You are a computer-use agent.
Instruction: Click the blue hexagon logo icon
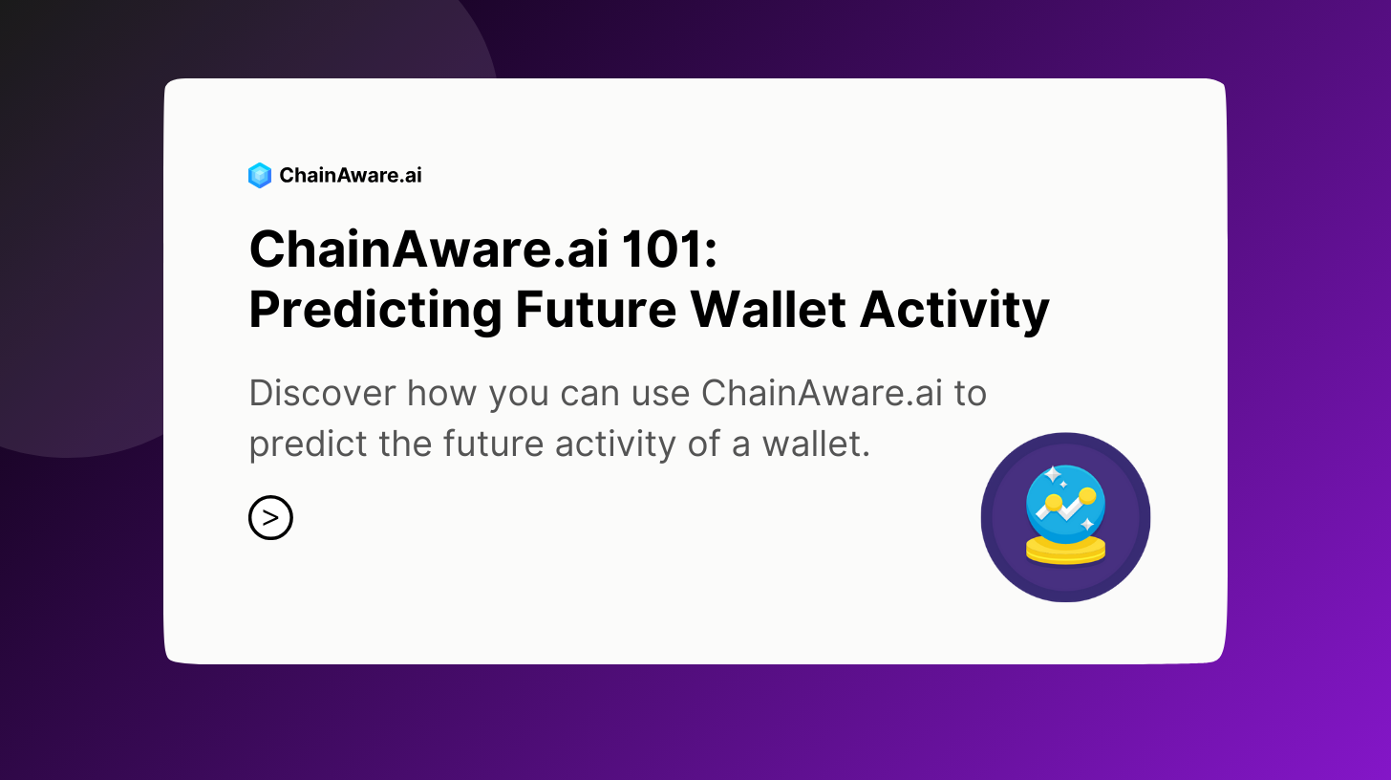coord(260,175)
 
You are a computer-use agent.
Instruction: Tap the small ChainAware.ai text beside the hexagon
coord(351,175)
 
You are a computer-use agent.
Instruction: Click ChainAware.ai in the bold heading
coord(428,249)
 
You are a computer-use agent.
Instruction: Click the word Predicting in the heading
coord(375,311)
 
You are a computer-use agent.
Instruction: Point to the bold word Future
coord(595,310)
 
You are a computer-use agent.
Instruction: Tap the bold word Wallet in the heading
coord(768,309)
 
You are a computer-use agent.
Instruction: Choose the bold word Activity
coord(954,311)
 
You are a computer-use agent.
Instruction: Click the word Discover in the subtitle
coord(322,393)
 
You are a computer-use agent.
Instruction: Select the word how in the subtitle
coord(441,393)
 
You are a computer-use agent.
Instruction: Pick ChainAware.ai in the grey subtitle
coord(823,393)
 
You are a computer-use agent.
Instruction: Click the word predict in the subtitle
coord(308,445)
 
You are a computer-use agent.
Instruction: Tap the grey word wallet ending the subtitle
coord(816,444)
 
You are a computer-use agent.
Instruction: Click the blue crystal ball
coord(1065,505)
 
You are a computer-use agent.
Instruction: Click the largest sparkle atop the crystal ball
coord(1053,475)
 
